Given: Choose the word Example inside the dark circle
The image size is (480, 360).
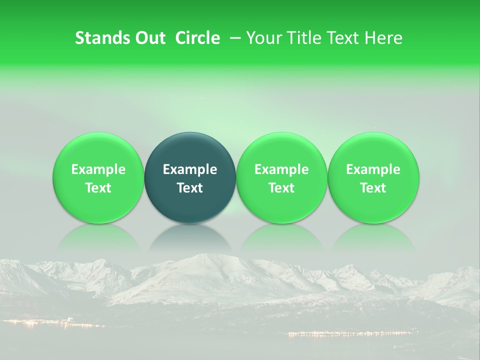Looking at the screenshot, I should pos(190,169).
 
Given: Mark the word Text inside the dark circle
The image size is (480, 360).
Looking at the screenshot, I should pos(190,188).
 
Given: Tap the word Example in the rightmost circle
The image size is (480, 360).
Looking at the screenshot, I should pos(373,169).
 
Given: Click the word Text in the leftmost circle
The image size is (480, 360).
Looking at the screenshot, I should pos(98,188).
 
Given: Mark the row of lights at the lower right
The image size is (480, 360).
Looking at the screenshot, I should pos(350,333).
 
